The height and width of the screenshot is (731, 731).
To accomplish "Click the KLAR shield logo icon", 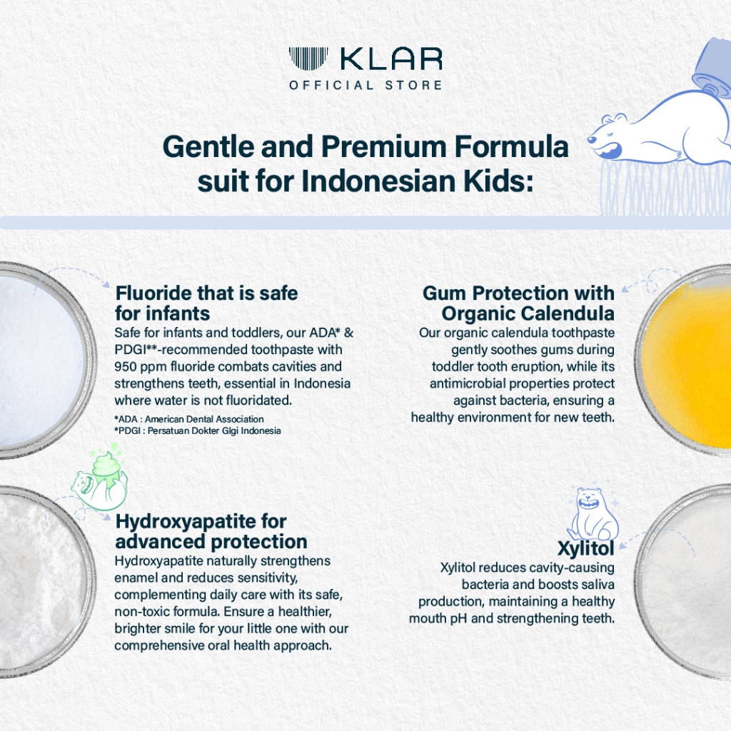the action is (308, 59).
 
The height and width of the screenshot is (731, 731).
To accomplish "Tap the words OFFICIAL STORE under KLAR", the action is (365, 86).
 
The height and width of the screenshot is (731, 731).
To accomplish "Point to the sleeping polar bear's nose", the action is (591, 139).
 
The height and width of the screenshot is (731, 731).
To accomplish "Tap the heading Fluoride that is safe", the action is (206, 293).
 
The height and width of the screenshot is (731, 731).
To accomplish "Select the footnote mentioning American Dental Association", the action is (189, 419).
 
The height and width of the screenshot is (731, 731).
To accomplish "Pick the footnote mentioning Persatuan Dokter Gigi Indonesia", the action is (198, 430).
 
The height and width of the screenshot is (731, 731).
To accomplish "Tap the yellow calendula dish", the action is (685, 360).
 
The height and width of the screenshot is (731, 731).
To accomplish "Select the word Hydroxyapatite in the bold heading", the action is (185, 523).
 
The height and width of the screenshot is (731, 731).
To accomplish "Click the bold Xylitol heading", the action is (586, 549).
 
